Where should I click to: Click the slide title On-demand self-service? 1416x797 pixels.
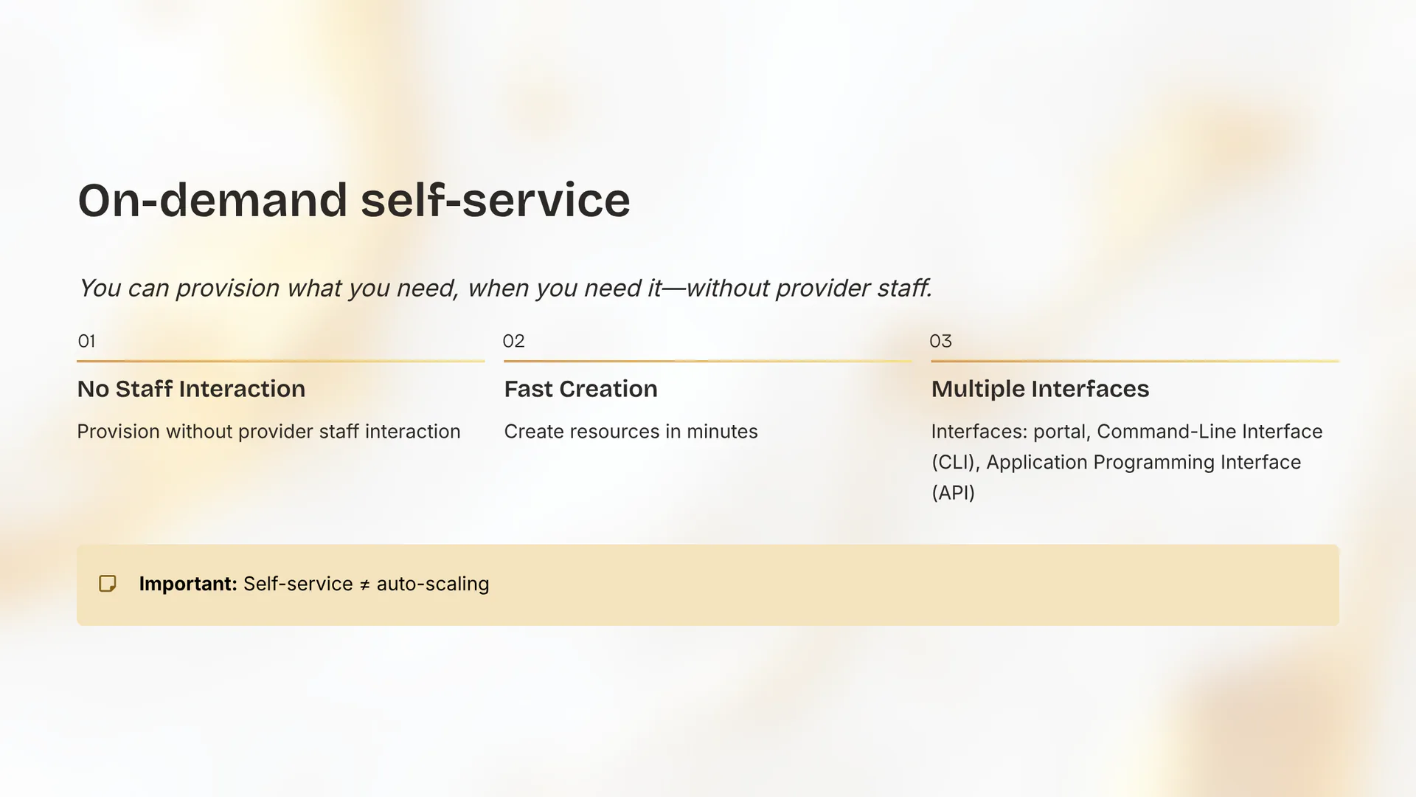point(354,201)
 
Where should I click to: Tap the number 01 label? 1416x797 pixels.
point(86,341)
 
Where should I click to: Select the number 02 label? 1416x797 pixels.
point(513,341)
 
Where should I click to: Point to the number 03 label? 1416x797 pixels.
point(940,341)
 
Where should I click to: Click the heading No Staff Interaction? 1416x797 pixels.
point(191,389)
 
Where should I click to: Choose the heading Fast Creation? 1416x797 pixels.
point(580,389)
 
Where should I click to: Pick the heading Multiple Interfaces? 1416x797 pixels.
point(1040,389)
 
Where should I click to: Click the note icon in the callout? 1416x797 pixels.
point(108,584)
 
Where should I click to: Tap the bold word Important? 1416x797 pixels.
point(187,584)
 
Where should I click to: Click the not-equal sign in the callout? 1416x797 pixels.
point(364,585)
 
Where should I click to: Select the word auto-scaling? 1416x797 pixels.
point(432,584)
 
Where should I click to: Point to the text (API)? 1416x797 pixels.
point(953,493)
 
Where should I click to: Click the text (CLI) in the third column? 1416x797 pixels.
point(955,463)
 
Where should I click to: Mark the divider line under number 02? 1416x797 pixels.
point(707,361)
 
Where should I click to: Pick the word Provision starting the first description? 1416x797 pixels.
point(118,432)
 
